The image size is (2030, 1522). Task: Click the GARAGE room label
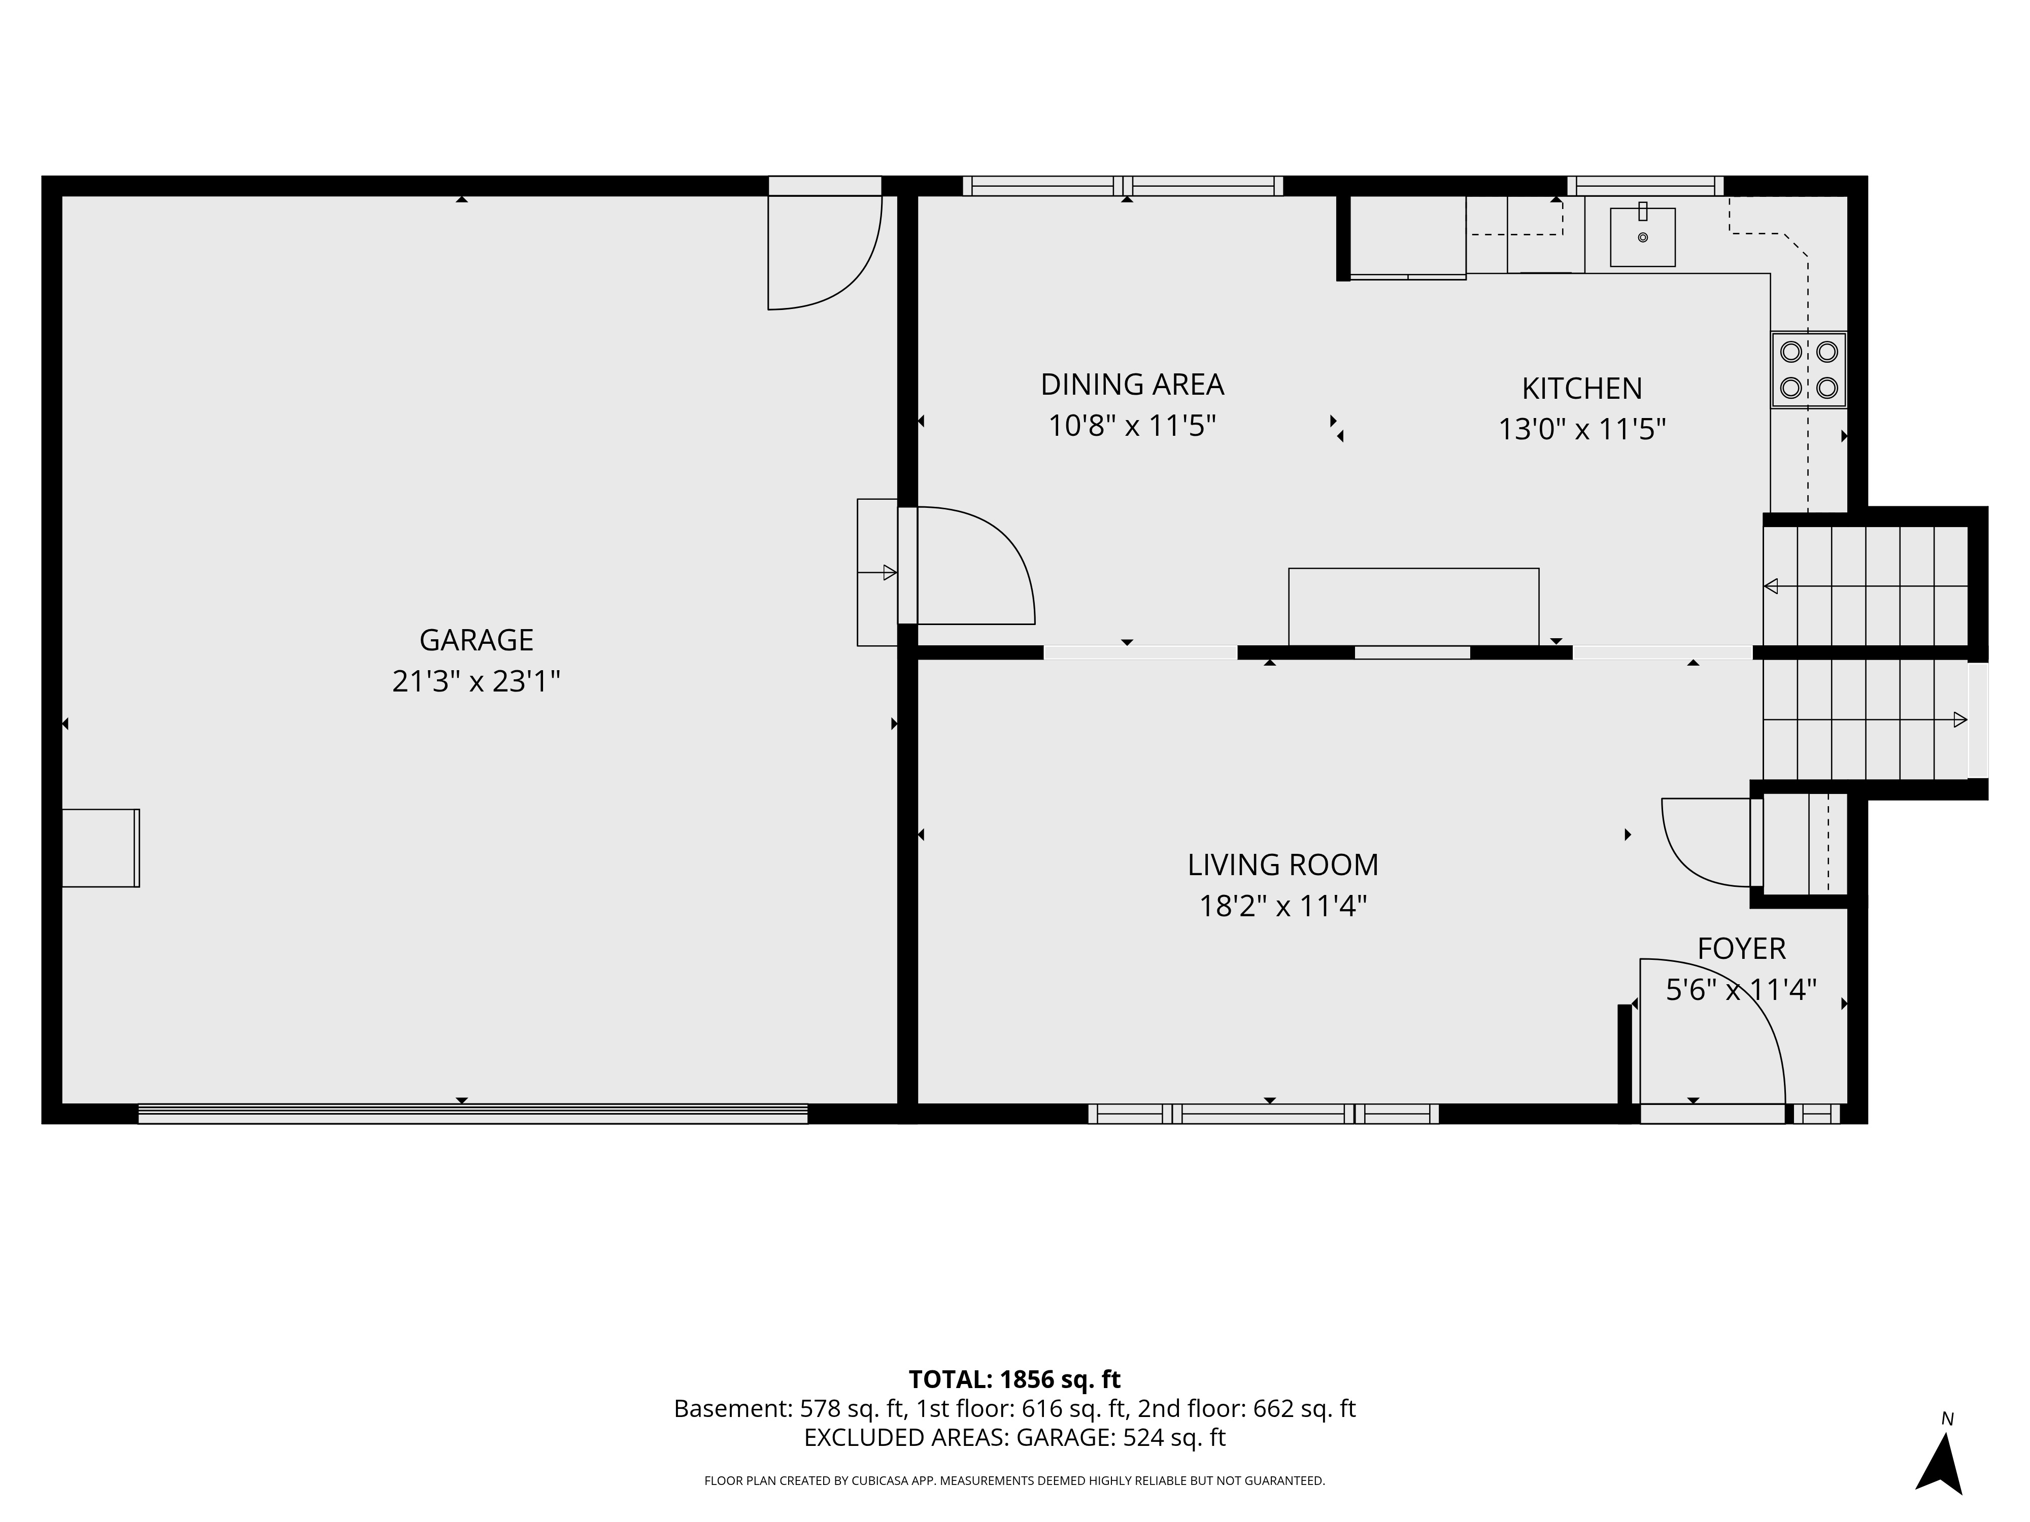click(x=477, y=639)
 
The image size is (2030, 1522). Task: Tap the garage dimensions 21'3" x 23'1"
click(x=477, y=682)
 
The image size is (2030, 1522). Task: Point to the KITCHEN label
click(x=1582, y=388)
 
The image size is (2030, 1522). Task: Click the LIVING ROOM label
click(x=1283, y=864)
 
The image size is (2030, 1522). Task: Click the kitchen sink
click(x=1643, y=236)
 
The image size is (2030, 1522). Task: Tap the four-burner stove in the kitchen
click(x=1808, y=370)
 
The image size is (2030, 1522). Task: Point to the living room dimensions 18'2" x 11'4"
click(x=1283, y=907)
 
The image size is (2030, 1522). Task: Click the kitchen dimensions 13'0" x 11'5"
click(x=1582, y=429)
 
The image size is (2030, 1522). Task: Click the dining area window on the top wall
click(x=1123, y=186)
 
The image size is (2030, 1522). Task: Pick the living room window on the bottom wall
click(x=1264, y=1114)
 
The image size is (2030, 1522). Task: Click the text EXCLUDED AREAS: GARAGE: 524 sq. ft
click(x=1015, y=1438)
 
